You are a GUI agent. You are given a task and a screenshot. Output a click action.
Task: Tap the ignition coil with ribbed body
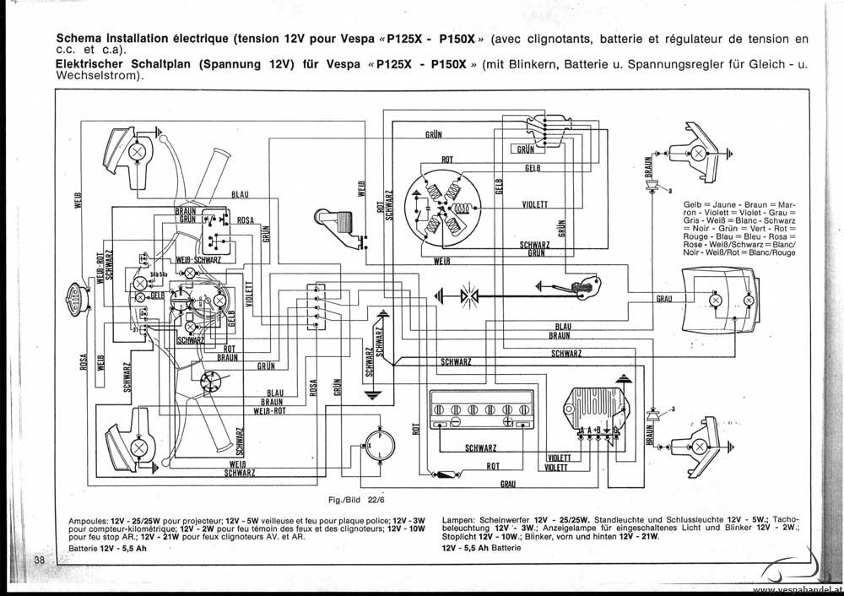(x=338, y=221)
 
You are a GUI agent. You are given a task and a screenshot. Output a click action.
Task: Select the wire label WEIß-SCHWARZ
(x=198, y=260)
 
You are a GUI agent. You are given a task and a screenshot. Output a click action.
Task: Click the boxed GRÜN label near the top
(x=525, y=149)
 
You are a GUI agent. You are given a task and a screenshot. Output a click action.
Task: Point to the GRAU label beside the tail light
(x=664, y=299)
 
